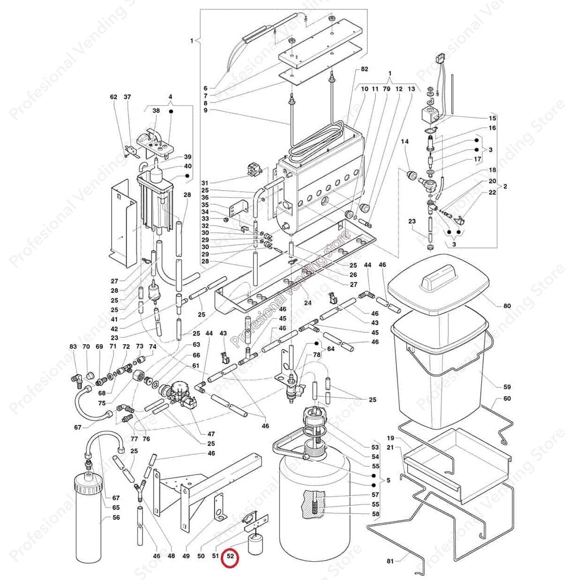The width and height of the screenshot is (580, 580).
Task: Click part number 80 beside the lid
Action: click(x=507, y=306)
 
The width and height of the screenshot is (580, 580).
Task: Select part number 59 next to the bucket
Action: click(x=507, y=387)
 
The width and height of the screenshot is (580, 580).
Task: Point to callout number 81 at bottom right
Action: click(x=390, y=561)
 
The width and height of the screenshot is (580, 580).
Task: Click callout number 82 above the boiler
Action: click(x=365, y=69)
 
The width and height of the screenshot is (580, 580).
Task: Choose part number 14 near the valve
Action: click(x=405, y=141)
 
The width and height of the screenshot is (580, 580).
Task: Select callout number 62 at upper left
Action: click(x=113, y=97)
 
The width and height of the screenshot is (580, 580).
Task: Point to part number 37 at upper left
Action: click(x=127, y=97)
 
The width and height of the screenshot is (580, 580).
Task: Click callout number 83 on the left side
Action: click(x=73, y=347)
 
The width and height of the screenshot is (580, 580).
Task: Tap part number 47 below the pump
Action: click(x=211, y=433)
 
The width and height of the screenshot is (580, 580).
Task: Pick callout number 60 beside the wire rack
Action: click(x=507, y=399)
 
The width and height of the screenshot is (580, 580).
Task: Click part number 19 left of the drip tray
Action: click(x=390, y=438)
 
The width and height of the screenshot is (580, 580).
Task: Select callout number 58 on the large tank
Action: click(x=375, y=514)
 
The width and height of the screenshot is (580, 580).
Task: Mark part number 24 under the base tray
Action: click(x=307, y=302)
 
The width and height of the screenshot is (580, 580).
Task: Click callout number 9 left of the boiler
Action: click(x=205, y=111)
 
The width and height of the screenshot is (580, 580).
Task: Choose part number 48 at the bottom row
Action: click(x=171, y=557)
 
